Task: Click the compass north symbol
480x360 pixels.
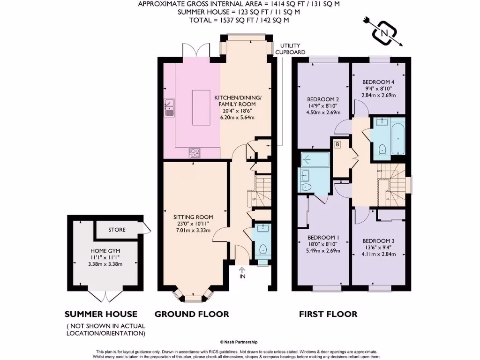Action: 384,32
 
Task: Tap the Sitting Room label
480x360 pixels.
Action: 193,217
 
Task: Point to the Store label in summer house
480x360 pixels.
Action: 117,230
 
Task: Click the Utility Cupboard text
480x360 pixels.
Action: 290,49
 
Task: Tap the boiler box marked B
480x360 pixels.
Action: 337,145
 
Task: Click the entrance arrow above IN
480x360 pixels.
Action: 242,269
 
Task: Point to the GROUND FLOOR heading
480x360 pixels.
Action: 192,314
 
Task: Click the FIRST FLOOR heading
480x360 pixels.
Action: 328,314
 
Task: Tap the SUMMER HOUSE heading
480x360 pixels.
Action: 101,314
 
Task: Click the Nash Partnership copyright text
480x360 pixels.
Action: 239,342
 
